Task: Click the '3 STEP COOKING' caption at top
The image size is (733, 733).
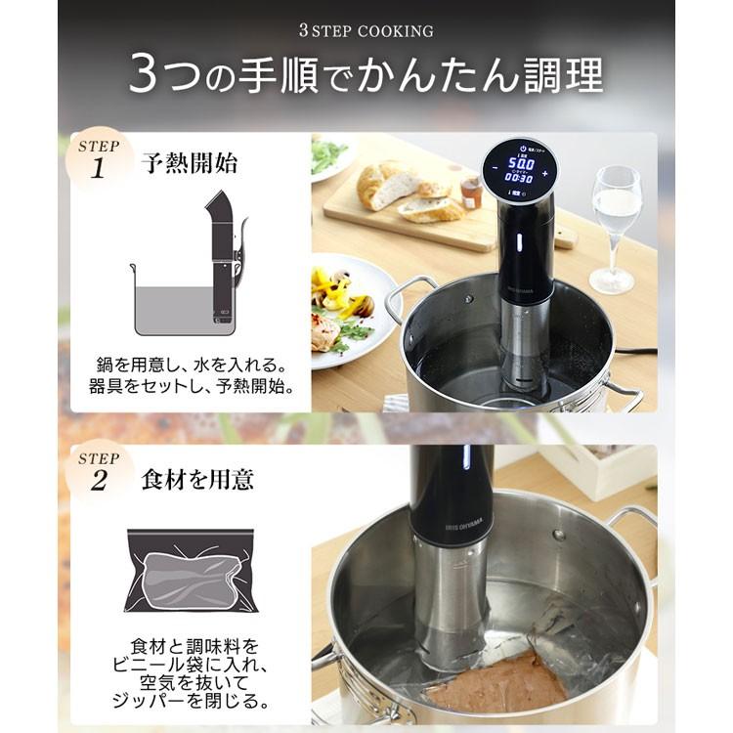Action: (x=366, y=31)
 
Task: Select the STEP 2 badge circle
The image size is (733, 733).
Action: (x=98, y=470)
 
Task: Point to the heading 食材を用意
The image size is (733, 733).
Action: (x=197, y=479)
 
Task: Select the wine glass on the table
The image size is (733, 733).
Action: (x=616, y=225)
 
